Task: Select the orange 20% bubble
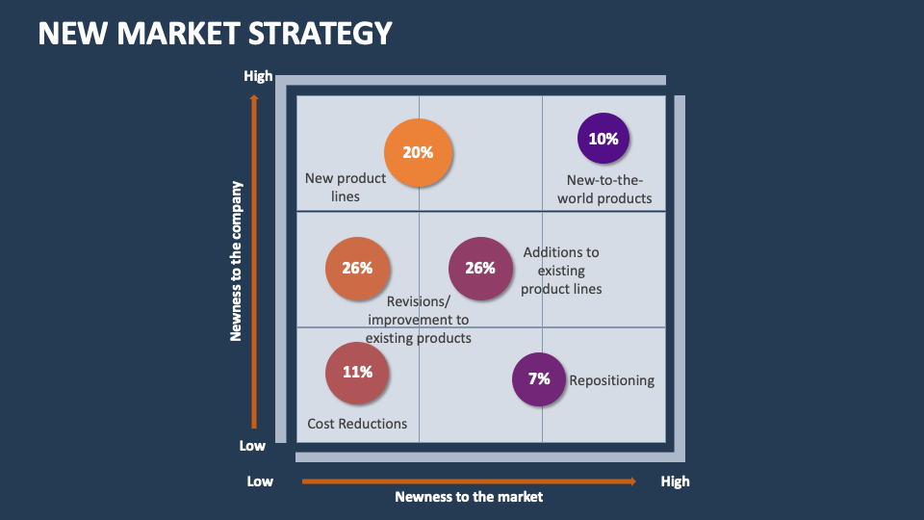coord(418,152)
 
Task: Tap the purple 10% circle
coord(603,139)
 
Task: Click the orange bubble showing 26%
coord(357,269)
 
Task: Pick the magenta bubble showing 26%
coord(480,269)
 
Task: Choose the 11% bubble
coord(357,372)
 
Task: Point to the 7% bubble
coord(539,378)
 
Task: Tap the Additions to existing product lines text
coord(561,271)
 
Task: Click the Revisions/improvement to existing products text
coord(419,320)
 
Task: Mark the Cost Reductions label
coord(357,424)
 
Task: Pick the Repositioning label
coord(611,380)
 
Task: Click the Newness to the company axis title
coord(236,261)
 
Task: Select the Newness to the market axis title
coord(469,497)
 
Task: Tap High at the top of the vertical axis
coord(258,76)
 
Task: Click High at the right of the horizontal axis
coord(675,481)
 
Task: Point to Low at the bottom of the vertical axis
coord(252,446)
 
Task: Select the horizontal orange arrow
coord(469,481)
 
